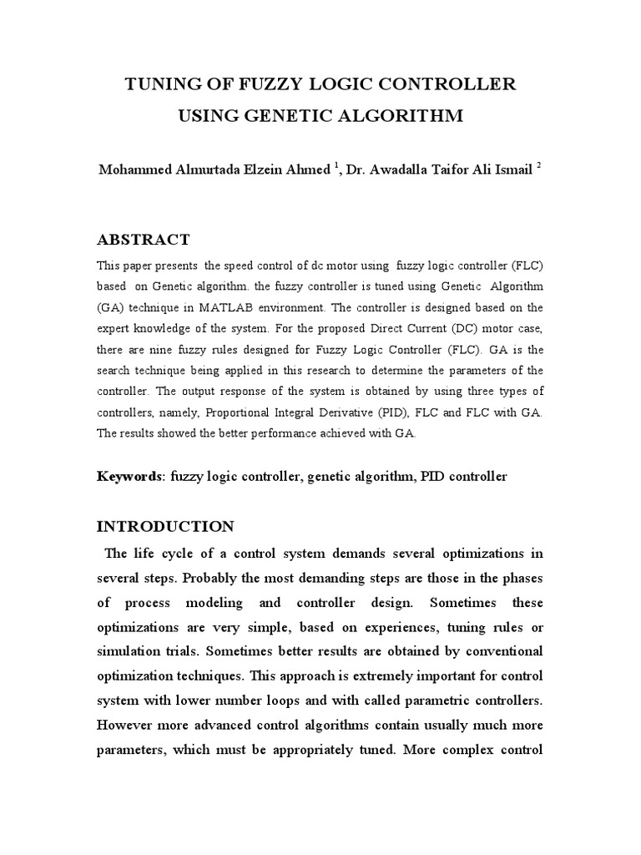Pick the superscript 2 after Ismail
539,165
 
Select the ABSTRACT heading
144,240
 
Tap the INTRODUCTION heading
166,527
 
